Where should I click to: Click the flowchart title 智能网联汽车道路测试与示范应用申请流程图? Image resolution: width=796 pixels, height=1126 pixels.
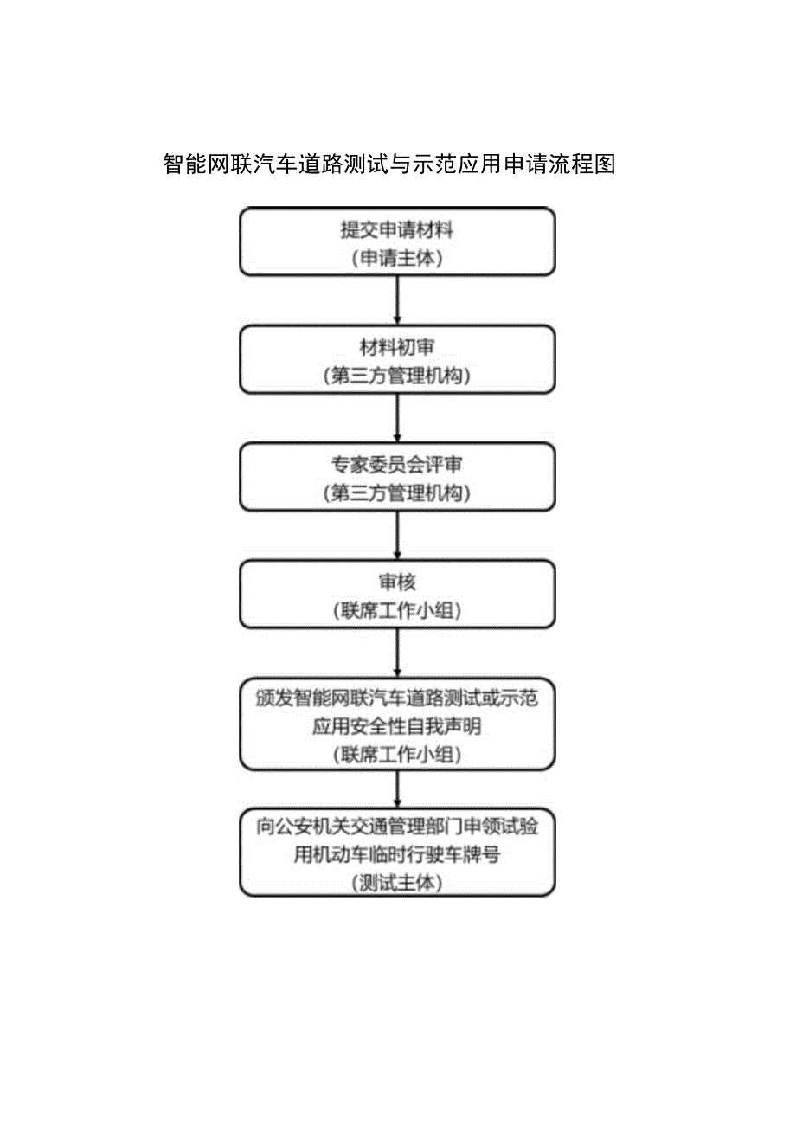[389, 164]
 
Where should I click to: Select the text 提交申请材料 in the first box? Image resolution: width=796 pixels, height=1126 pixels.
[397, 230]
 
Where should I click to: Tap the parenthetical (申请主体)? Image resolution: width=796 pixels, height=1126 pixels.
[397, 258]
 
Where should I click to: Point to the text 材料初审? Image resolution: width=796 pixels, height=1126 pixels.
[397, 348]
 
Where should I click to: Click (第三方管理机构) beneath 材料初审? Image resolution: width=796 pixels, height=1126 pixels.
[397, 376]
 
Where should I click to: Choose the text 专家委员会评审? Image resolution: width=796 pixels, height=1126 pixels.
[397, 465]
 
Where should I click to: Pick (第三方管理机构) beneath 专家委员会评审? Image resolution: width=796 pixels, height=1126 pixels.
[397, 492]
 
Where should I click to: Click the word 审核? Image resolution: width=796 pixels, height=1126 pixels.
[397, 582]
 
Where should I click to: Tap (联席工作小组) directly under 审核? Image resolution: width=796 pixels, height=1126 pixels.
[397, 610]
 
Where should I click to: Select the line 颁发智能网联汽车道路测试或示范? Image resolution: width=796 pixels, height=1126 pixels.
[397, 698]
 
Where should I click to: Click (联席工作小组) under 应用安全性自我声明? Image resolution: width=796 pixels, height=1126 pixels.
[397, 755]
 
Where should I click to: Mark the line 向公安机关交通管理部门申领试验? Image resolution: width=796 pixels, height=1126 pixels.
[397, 827]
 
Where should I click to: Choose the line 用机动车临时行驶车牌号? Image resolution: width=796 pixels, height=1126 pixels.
[397, 855]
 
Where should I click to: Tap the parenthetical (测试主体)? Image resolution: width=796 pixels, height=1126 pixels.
[397, 883]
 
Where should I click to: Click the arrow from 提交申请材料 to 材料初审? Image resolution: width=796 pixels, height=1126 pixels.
[397, 300]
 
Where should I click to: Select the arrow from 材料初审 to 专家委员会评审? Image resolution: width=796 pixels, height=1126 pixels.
[397, 418]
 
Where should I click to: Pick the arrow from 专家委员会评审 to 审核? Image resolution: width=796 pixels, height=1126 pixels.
[397, 535]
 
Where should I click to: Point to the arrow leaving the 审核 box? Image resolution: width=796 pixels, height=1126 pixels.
[397, 653]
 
